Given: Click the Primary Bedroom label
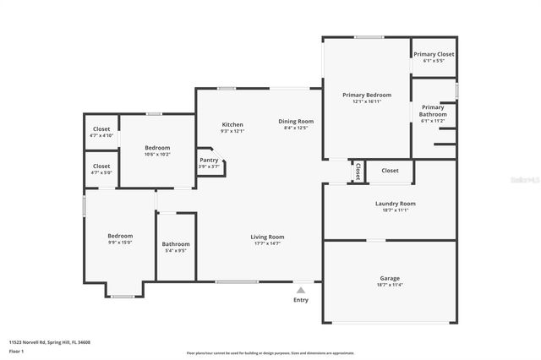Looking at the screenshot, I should pos(366,95).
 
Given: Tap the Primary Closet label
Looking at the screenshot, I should pos(434,54).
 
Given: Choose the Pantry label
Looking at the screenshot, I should pos(209,160).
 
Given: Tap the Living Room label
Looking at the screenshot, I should pos(267,237).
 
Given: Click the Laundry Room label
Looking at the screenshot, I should pos(396,203).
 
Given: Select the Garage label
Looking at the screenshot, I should pos(390,278).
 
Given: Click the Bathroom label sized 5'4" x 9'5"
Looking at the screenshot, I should pos(176,244).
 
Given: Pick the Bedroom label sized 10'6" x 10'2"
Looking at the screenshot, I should pos(157,148).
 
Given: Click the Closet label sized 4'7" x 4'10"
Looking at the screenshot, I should pos(101,128).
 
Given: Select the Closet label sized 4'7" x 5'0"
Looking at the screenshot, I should pos(101,166).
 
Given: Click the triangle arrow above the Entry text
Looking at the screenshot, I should pos(301,289).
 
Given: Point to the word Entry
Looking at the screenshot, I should pos(301,300).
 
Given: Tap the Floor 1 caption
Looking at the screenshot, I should pos(16,350).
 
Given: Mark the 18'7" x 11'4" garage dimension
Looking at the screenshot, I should pos(390,285).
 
